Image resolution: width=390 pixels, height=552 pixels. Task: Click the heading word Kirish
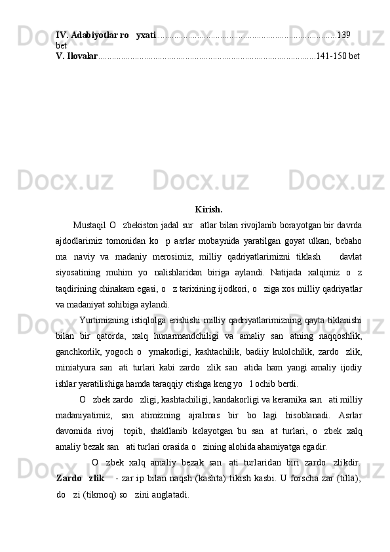208,210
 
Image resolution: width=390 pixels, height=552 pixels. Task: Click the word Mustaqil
90,227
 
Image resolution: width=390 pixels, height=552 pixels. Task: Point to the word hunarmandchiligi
189,336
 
